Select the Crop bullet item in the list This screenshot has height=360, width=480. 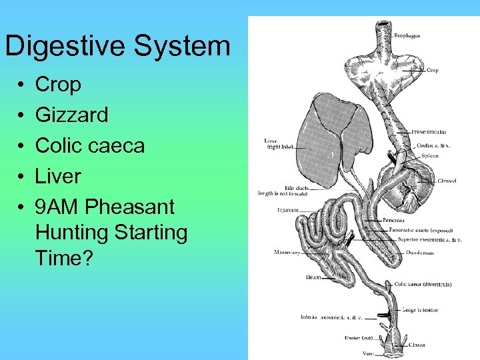[x=58, y=85]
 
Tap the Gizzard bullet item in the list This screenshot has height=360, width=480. [x=71, y=115]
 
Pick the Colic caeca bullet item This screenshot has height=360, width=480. [x=89, y=145]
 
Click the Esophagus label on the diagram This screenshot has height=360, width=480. [x=407, y=36]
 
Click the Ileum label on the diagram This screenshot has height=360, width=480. [x=313, y=277]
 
